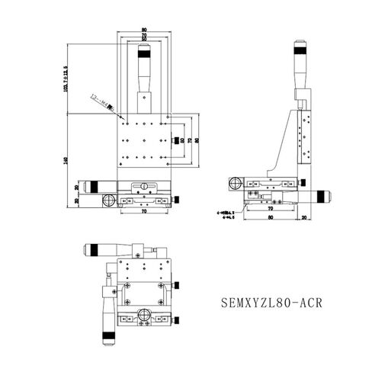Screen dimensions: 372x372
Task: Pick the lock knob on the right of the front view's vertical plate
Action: coord(178,140)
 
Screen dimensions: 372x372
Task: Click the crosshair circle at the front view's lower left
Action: coord(107,201)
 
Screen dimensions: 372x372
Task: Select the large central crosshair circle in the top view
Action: coord(143,315)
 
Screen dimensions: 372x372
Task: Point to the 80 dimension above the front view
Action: coord(143,31)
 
